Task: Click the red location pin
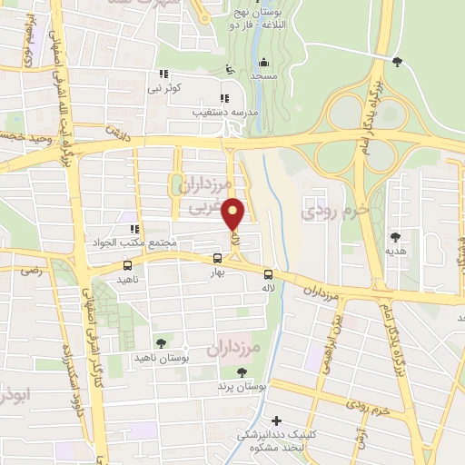click(234, 214)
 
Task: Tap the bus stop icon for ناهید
click(126, 266)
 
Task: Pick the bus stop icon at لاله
click(268, 275)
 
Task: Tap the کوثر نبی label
click(165, 88)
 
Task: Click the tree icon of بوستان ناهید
click(161, 343)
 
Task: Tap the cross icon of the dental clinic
click(277, 420)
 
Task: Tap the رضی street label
click(37, 271)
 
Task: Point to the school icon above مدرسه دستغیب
click(223, 99)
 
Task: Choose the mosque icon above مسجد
click(263, 63)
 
